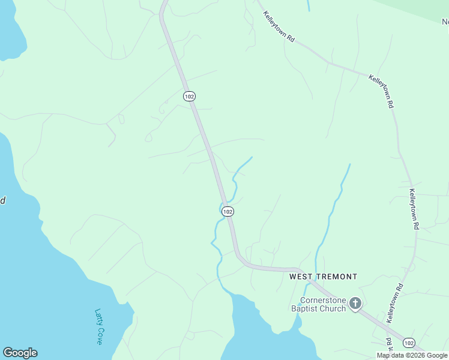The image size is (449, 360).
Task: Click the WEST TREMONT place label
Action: click(323, 277)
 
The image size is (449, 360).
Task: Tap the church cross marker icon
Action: click(355, 304)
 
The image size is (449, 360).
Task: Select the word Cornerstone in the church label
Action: click(323, 300)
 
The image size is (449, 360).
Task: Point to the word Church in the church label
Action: click(333, 308)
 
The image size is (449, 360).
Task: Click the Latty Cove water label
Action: click(99, 326)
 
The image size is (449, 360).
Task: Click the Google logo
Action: click(20, 353)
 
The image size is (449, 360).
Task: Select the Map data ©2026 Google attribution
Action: click(412, 355)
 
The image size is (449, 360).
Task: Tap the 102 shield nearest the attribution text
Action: click(409, 343)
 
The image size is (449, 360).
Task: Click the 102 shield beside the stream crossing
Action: click(227, 212)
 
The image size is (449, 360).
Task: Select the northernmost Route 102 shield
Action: click(189, 96)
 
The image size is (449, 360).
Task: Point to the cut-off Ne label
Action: click(445, 22)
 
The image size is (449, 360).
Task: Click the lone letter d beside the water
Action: click(2, 200)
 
